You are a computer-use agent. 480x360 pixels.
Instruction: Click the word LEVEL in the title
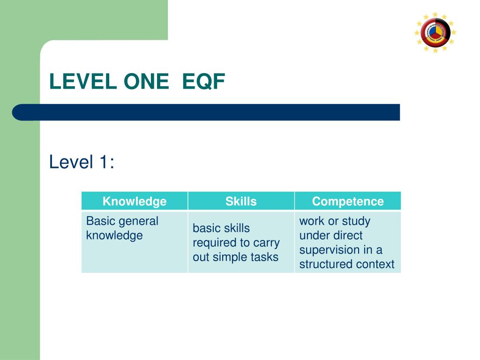[83, 82]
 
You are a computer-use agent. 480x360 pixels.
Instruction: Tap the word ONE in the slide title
[146, 82]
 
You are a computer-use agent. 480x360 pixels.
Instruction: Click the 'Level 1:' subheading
[82, 163]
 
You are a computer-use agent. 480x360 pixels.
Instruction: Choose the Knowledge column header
[135, 202]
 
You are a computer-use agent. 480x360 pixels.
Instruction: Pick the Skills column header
[241, 202]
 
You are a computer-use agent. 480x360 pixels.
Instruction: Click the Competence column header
[348, 202]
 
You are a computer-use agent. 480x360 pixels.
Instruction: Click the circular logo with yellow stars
[435, 32]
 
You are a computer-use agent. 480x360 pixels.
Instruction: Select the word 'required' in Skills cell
[214, 243]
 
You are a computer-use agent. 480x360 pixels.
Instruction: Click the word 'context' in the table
[375, 264]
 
